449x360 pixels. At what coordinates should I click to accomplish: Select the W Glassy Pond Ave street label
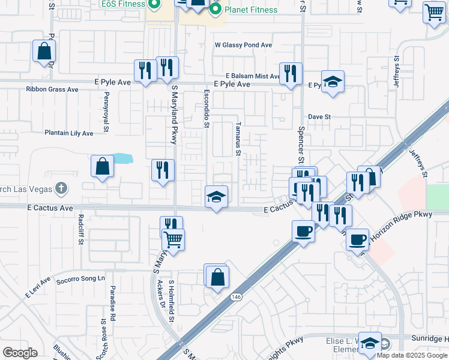tap(243, 45)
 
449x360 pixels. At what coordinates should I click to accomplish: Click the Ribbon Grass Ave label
tap(52, 89)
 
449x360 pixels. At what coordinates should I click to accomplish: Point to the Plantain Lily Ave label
tap(69, 133)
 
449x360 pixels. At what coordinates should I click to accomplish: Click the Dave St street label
tap(319, 116)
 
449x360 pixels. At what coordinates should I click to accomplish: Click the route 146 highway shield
tap(235, 296)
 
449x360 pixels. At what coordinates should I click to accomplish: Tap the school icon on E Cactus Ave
tap(216, 197)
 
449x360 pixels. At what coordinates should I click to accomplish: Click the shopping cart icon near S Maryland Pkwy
tap(173, 241)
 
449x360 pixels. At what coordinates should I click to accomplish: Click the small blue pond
tap(122, 159)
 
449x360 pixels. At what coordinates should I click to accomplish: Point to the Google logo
tap(20, 353)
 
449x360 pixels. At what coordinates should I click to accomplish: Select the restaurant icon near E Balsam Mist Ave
tap(291, 74)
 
